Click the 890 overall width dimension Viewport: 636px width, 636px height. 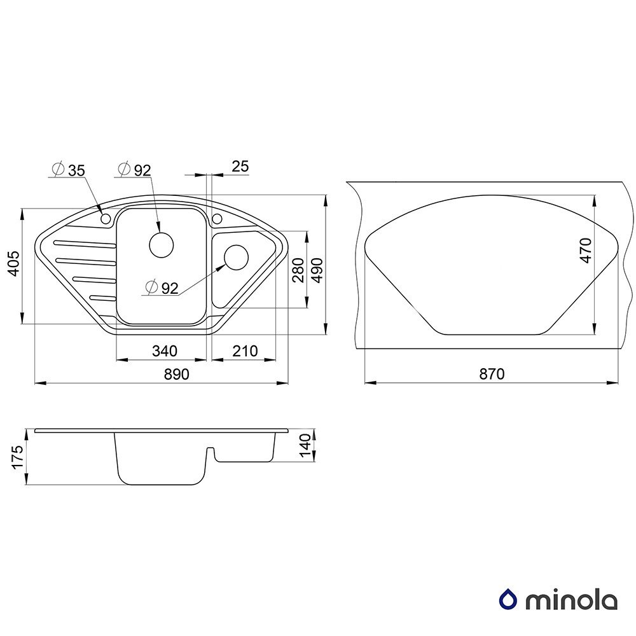tap(176, 374)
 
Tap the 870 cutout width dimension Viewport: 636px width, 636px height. tap(492, 374)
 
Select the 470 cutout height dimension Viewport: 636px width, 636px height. tap(586, 251)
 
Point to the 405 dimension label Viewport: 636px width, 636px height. tap(14, 264)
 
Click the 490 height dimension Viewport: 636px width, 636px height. tap(317, 270)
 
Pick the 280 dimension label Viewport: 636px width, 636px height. tap(298, 270)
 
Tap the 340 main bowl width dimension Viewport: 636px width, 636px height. tap(165, 351)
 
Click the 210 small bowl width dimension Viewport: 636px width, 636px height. tap(245, 351)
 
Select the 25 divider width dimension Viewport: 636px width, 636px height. tap(240, 166)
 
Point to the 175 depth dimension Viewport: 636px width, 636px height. tap(17, 457)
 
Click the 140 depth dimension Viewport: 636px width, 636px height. tap(305, 445)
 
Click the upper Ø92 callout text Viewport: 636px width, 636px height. tap(134, 170)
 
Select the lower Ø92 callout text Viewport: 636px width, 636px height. tap(162, 287)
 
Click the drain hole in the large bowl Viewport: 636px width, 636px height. tap(162, 245)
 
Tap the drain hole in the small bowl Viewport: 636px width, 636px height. tap(236, 257)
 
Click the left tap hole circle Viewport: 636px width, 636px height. tap(106, 219)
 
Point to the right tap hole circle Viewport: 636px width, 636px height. tap(217, 219)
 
